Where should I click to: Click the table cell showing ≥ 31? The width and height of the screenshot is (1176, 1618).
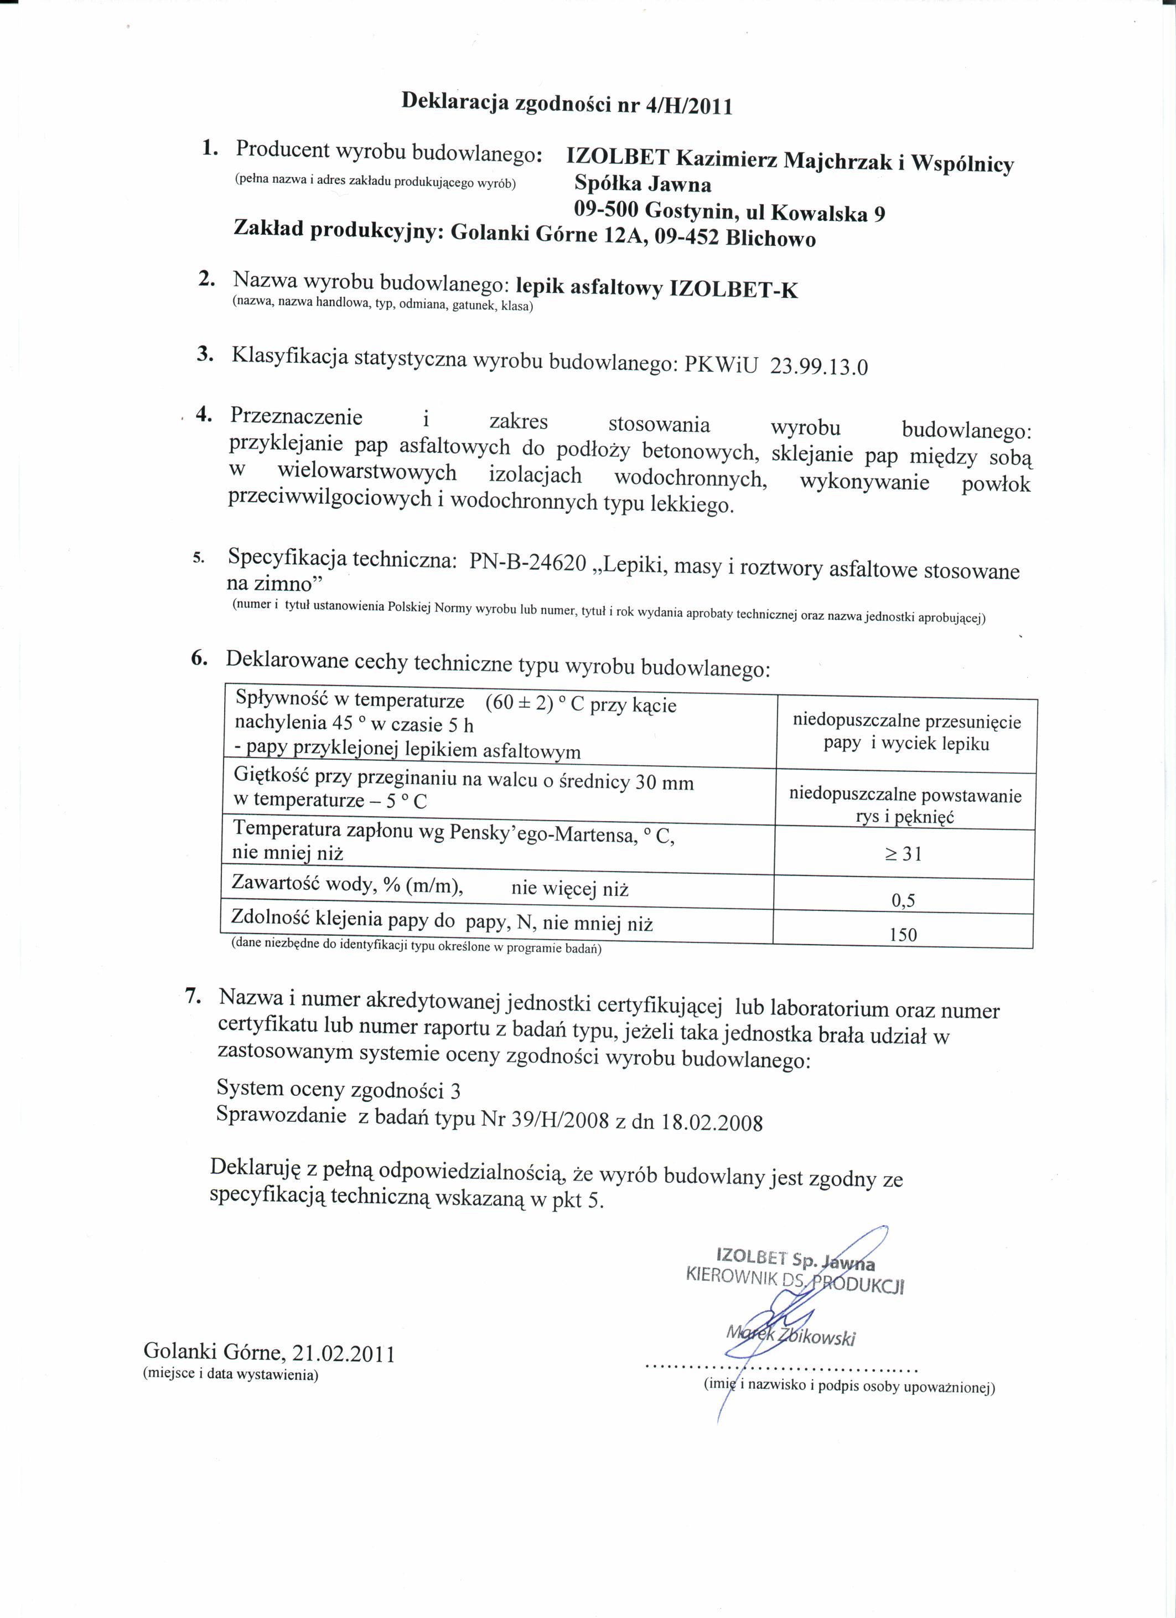[x=903, y=854]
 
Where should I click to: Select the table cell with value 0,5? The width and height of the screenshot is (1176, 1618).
[x=903, y=900]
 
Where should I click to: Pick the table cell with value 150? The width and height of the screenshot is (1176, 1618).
[x=903, y=935]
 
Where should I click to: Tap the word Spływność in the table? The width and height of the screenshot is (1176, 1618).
[x=281, y=698]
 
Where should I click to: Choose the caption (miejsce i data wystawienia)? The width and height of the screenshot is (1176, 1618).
[x=230, y=1373]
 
